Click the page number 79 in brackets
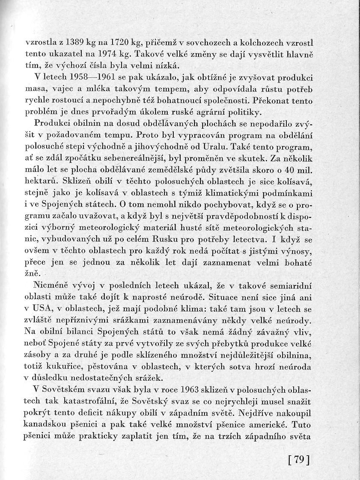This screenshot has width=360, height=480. (x=299, y=460)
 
